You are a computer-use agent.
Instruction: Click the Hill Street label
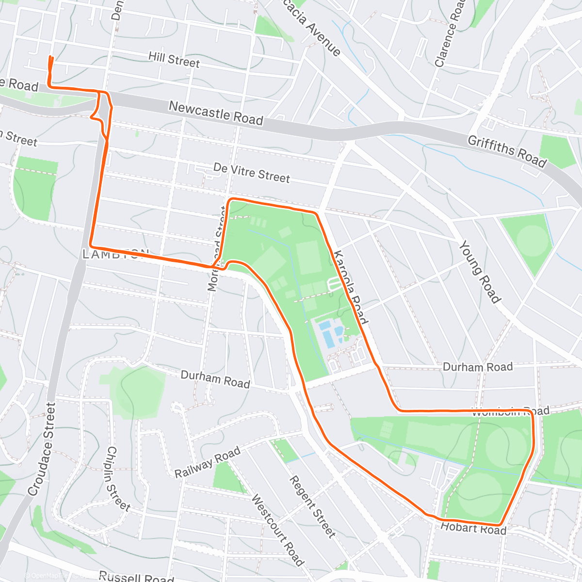point(174,60)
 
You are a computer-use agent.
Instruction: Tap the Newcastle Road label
point(216,113)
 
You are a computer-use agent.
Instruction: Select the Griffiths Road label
point(507,151)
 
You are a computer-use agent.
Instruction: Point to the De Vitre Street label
point(251,173)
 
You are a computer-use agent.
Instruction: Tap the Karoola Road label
point(351,287)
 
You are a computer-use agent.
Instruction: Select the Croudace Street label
point(41,449)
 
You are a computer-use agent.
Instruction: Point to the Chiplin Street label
point(118,479)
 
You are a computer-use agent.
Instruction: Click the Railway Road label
point(208,462)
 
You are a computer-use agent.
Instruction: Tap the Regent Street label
point(312,506)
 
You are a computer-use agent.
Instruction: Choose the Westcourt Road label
point(277,530)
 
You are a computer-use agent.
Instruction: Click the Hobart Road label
point(473,528)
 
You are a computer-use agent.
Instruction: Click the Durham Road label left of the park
point(215,379)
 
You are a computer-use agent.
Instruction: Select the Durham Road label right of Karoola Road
point(477,367)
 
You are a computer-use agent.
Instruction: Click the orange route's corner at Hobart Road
point(500,524)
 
